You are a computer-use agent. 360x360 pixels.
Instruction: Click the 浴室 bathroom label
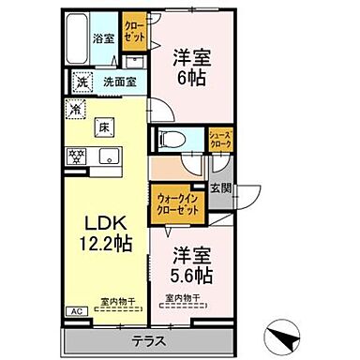tap(102, 38)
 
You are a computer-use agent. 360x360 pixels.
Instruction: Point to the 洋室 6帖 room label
tap(188, 67)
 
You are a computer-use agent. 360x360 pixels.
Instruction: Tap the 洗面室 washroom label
tap(120, 82)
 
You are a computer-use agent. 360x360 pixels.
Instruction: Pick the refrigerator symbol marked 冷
tap(74, 108)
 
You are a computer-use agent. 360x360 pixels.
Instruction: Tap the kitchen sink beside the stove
tap(105, 156)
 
